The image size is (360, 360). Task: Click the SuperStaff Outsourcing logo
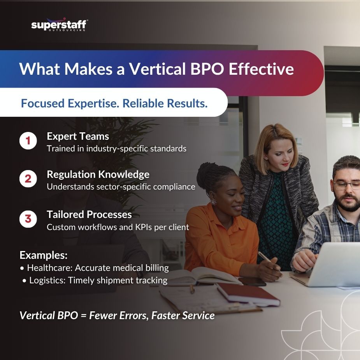[59, 25]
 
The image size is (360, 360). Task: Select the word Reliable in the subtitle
[142, 104]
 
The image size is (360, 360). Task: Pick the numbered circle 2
[28, 179]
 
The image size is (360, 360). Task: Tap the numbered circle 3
[28, 219]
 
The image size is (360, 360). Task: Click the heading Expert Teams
[78, 136]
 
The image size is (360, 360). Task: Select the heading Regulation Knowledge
[98, 174]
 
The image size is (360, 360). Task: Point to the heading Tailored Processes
[89, 214]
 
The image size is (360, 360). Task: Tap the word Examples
[44, 256]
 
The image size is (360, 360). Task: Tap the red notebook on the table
[248, 294]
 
